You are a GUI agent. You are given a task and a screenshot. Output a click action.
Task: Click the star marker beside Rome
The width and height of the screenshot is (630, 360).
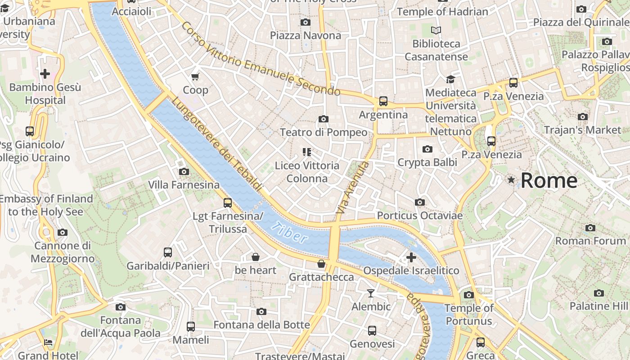point(511,180)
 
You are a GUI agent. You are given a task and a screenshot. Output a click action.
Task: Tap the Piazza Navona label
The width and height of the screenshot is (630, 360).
point(306,35)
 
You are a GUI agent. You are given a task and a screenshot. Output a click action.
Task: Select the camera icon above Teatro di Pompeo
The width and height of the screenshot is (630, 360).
point(323,119)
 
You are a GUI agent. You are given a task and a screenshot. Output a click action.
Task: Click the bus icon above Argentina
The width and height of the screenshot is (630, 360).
point(383,101)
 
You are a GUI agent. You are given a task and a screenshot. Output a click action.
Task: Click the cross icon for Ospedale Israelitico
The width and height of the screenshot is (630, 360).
point(411,257)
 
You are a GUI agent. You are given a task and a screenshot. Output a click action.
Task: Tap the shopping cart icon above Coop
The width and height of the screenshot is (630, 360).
point(195,77)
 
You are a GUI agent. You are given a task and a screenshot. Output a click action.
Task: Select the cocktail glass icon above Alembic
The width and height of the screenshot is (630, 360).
point(370,293)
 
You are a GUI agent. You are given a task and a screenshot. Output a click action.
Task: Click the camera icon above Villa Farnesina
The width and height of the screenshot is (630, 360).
point(184,171)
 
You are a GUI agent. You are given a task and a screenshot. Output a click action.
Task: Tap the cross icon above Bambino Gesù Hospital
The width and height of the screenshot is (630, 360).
point(45,74)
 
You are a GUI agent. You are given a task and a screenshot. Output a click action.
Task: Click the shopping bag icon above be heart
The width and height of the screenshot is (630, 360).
point(255,257)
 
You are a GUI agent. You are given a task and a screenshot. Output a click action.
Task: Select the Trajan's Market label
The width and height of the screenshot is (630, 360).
point(582,130)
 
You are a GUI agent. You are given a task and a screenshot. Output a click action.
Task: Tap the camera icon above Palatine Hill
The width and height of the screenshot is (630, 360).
point(598,293)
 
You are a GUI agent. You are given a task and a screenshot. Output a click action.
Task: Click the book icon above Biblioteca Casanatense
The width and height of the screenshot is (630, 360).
point(436,31)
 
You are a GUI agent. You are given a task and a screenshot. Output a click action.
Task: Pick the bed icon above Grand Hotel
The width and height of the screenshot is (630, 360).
point(48,342)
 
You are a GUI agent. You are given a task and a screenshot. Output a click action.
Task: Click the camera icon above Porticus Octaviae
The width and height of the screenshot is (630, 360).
point(419,202)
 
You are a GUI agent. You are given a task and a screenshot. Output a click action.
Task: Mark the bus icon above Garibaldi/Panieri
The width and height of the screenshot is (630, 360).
point(168,252)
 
